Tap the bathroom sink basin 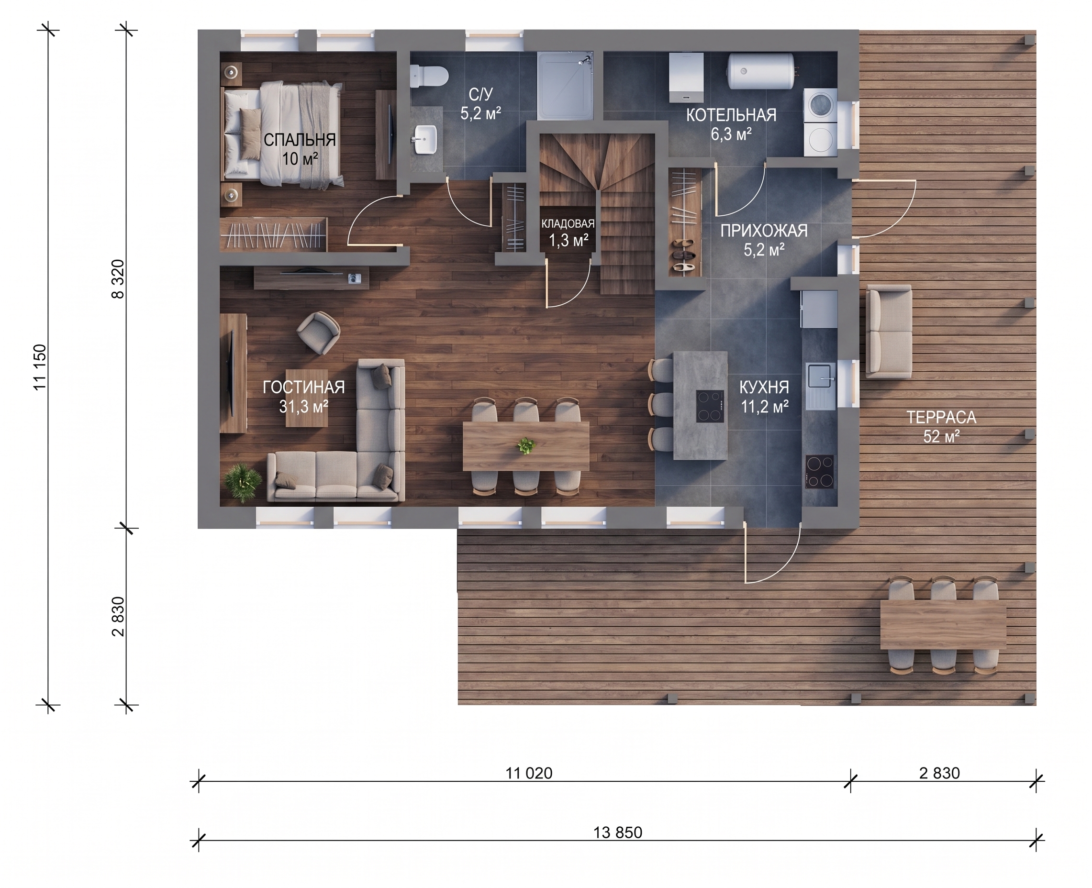tap(425, 140)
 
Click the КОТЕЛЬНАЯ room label tap(731, 115)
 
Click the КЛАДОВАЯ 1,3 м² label tap(568, 232)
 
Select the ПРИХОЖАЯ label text tap(764, 231)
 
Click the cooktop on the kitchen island tap(710, 406)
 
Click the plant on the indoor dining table tap(526, 446)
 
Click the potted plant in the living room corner tap(243, 481)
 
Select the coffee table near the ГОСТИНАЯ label tap(306, 398)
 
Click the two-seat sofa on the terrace tap(889, 332)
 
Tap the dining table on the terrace tap(943, 624)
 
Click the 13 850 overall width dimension tap(617, 833)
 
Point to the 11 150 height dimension tap(40, 367)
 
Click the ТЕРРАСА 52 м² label tap(942, 427)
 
